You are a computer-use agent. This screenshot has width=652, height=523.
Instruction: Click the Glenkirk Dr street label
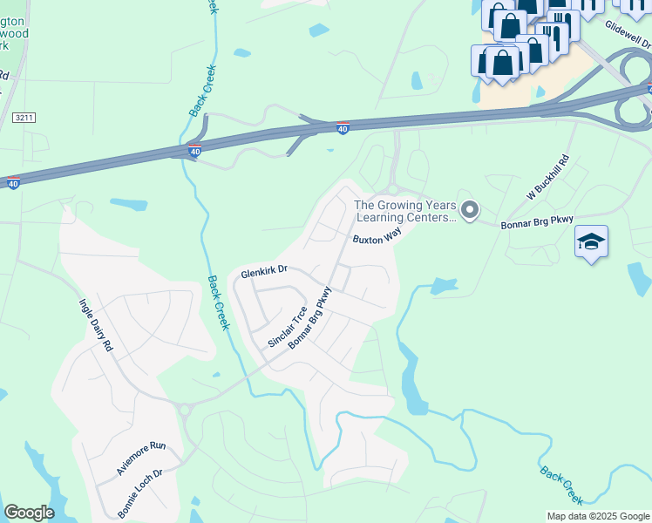pyautogui.click(x=264, y=272)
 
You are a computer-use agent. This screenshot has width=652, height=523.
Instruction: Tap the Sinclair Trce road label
pyautogui.click(x=288, y=327)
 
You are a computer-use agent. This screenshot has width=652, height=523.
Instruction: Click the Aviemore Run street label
pyautogui.click(x=140, y=458)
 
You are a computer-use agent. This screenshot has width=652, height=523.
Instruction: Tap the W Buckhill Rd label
pyautogui.click(x=547, y=178)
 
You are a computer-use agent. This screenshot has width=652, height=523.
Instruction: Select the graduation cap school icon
pyautogui.click(x=591, y=241)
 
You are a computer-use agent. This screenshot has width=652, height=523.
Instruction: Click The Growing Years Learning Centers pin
pyautogui.click(x=470, y=209)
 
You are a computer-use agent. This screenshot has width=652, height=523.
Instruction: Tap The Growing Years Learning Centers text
pyautogui.click(x=404, y=212)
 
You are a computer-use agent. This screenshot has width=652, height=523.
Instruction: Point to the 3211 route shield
pyautogui.click(x=24, y=117)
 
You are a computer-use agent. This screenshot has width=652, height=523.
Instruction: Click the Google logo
pyautogui.click(x=29, y=513)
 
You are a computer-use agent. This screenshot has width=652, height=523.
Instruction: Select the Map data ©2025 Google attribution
pyautogui.click(x=598, y=516)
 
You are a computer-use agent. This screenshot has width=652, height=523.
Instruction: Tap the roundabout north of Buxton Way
pyautogui.click(x=392, y=189)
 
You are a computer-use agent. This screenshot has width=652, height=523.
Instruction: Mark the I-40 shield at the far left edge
pyautogui.click(x=12, y=183)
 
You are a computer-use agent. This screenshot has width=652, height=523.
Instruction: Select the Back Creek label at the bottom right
pyautogui.click(x=561, y=485)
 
